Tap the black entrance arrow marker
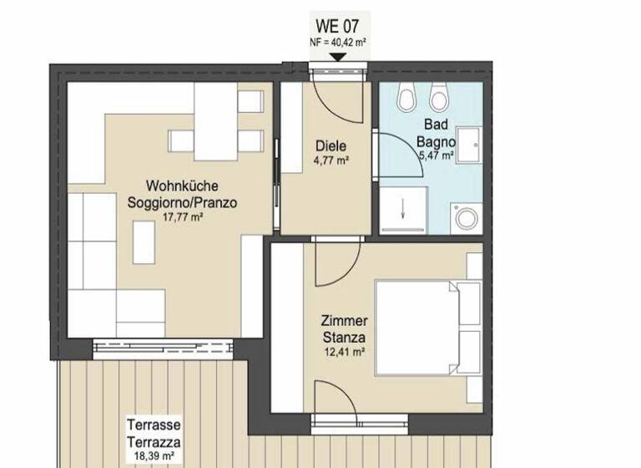point(337,57)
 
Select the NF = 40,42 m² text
point(337,42)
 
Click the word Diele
point(331,146)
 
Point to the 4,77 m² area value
point(331,161)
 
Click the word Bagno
point(437,140)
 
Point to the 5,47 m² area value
point(436,155)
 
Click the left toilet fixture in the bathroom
point(407,101)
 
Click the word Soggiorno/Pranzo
point(182,201)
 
